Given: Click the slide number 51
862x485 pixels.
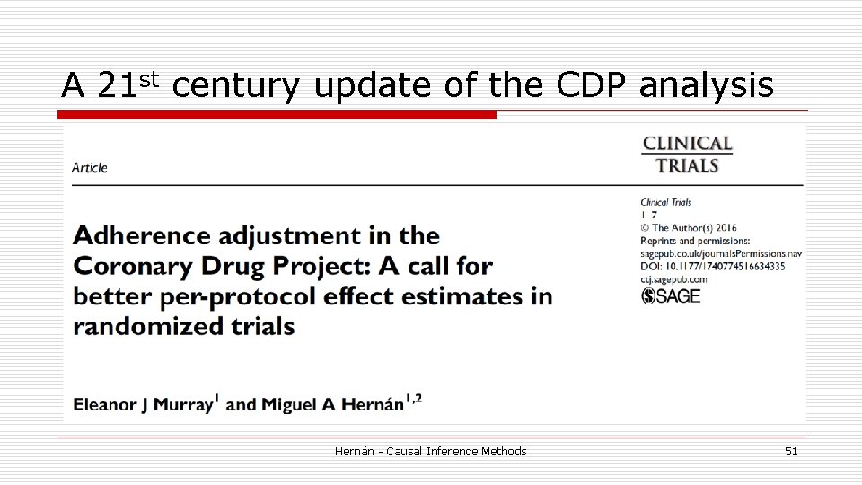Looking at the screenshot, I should tap(790, 451).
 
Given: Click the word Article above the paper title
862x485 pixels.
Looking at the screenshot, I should tap(90, 167).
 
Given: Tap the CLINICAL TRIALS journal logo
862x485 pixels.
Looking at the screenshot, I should tap(687, 154).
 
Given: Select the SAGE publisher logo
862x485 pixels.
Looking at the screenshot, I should tap(671, 295).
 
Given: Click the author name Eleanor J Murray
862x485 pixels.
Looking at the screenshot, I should tap(144, 404).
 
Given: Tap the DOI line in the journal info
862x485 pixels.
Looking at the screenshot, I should tap(712, 267).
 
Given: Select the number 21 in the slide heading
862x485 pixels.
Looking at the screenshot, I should tap(115, 85).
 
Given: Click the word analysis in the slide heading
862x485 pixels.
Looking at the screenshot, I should tap(706, 85).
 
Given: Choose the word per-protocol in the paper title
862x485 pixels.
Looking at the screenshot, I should tap(235, 295).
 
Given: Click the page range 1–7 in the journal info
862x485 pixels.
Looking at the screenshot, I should tap(648, 216).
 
